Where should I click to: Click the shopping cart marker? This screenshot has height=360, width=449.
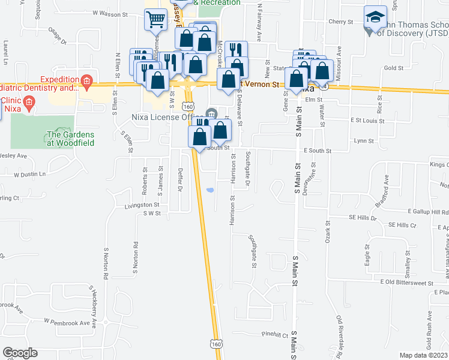156,19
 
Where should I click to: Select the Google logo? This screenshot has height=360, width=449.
20,353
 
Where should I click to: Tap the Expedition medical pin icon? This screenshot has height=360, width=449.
86,80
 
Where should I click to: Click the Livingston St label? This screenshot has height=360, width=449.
128,206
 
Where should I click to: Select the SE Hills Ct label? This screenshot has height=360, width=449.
402,225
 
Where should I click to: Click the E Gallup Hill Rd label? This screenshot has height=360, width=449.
427,212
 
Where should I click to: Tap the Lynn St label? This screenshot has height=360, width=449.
364,141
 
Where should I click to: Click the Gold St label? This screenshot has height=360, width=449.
394,68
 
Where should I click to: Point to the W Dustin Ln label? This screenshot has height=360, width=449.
29,174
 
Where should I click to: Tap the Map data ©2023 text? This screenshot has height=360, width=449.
423,355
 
